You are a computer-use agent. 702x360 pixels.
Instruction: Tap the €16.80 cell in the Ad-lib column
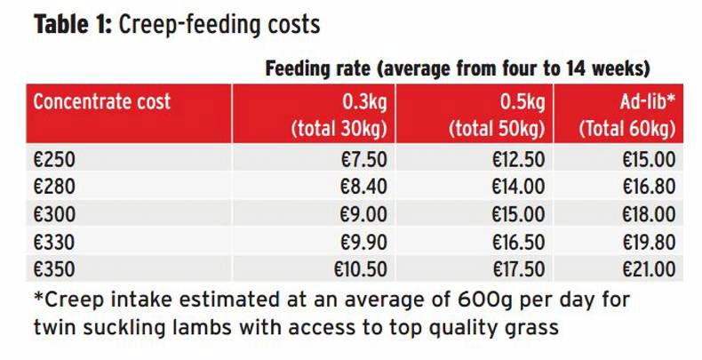(x=644, y=186)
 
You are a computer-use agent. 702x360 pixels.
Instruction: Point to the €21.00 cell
(x=644, y=268)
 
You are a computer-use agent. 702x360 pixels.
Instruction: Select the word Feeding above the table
(x=299, y=69)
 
